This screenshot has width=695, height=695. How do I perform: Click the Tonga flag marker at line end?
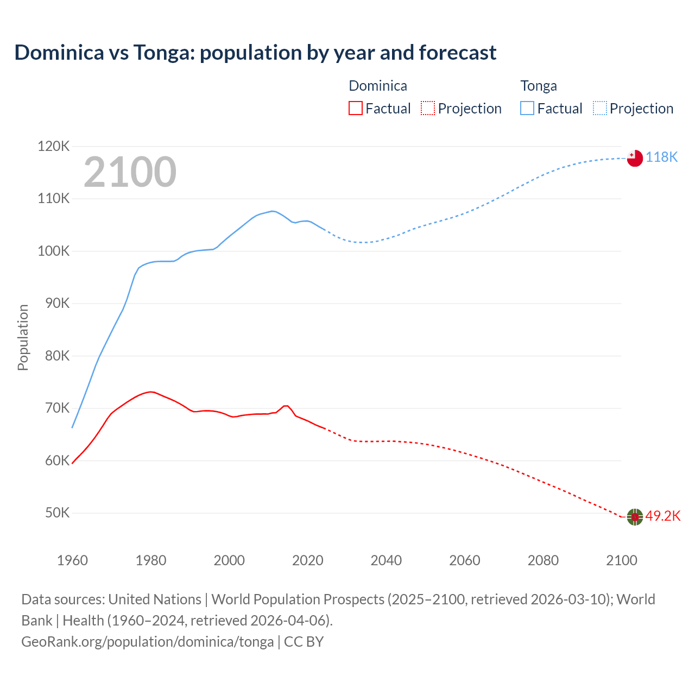pyautogui.click(x=635, y=158)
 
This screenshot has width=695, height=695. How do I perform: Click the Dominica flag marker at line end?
pyautogui.click(x=635, y=517)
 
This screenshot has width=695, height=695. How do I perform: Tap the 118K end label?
pyautogui.click(x=662, y=157)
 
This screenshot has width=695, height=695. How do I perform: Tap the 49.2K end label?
pyautogui.click(x=663, y=516)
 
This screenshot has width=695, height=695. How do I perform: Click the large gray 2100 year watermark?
pyautogui.click(x=130, y=172)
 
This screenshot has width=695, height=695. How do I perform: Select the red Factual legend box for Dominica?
pyautogui.click(x=355, y=108)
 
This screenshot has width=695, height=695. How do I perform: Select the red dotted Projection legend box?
pyautogui.click(x=428, y=108)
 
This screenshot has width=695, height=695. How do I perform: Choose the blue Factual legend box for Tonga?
pyautogui.click(x=527, y=108)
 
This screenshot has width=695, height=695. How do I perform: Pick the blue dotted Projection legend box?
pyautogui.click(x=599, y=108)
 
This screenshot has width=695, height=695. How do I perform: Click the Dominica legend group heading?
pyautogui.click(x=377, y=86)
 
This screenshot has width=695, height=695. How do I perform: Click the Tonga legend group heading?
pyautogui.click(x=538, y=86)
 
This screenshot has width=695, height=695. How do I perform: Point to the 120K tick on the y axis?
pyautogui.click(x=54, y=146)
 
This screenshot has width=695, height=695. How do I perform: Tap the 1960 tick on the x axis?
pyautogui.click(x=72, y=560)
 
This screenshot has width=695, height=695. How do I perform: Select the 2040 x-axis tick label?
pyautogui.click(x=386, y=560)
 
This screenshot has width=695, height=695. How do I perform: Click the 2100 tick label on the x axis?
pyautogui.click(x=621, y=560)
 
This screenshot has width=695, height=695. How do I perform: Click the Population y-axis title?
pyautogui.click(x=23, y=337)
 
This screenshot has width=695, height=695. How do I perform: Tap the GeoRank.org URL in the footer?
pyautogui.click(x=147, y=641)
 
